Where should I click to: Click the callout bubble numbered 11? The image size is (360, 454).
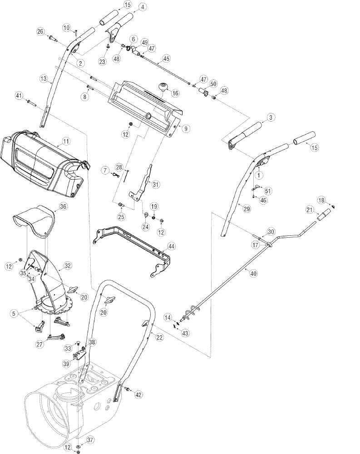pyautogui.click(x=66, y=142)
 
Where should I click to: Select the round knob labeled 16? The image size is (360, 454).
pyautogui.click(x=163, y=87)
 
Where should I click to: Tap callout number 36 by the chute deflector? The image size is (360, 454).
pyautogui.click(x=63, y=206)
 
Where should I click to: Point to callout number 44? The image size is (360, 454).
pyautogui.click(x=171, y=246)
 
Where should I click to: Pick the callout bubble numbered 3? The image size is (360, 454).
pyautogui.click(x=271, y=117)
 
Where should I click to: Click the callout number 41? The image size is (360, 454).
pyautogui.click(x=19, y=96)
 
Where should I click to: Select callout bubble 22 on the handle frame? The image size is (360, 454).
pyautogui.click(x=159, y=337)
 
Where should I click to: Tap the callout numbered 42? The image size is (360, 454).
pyautogui.click(x=138, y=394)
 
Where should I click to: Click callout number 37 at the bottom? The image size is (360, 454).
pyautogui.click(x=90, y=440)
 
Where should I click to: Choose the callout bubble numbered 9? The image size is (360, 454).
pyautogui.click(x=186, y=129)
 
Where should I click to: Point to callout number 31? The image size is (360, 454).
pyautogui.click(x=156, y=184)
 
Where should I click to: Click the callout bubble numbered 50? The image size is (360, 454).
pyautogui.click(x=213, y=84)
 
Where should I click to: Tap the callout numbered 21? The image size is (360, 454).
pyautogui.click(x=310, y=210)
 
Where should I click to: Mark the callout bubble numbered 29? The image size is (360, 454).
pyautogui.click(x=247, y=209)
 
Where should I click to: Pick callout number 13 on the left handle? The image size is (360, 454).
pyautogui.click(x=44, y=78)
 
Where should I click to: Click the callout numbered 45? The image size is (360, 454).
pyautogui.click(x=166, y=59)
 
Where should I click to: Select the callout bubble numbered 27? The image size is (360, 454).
pyautogui.click(x=39, y=344)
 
